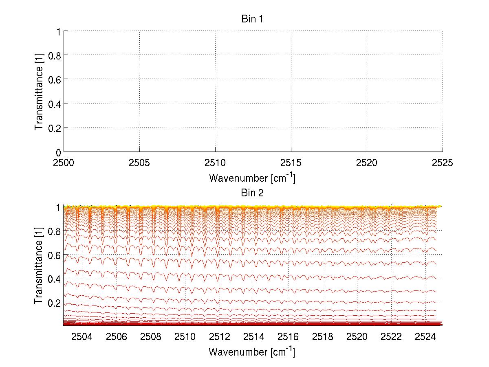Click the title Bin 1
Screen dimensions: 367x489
click(252, 19)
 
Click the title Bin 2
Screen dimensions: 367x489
click(252, 193)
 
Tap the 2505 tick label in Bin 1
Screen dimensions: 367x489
click(139, 163)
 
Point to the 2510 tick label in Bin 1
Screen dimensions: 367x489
click(215, 163)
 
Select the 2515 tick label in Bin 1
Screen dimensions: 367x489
click(291, 163)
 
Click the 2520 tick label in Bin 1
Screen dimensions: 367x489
click(367, 163)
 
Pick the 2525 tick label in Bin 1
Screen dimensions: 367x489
click(443, 163)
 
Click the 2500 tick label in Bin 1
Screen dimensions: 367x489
click(64, 163)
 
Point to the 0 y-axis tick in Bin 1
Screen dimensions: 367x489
click(58, 152)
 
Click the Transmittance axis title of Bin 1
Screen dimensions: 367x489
click(39, 91)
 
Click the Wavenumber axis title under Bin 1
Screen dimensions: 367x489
click(252, 178)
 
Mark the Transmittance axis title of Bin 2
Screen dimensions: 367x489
click(39, 265)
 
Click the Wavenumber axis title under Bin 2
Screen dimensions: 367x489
click(252, 352)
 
